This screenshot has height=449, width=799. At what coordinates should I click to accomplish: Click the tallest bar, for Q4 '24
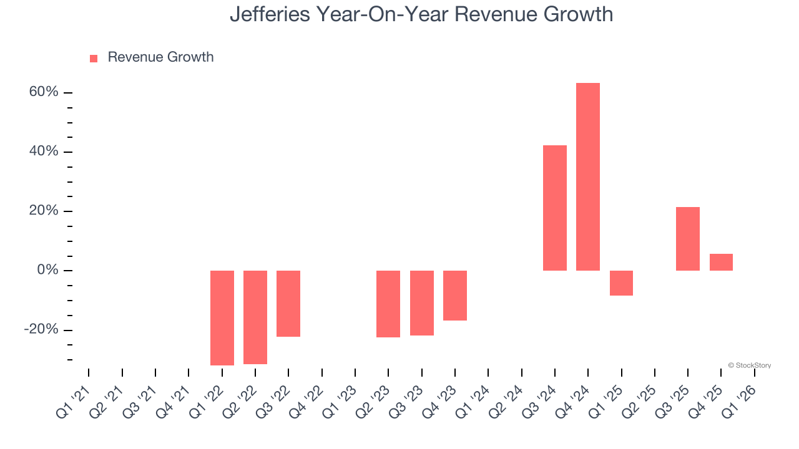click(x=587, y=176)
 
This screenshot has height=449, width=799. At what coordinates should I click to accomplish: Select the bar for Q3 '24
click(x=554, y=208)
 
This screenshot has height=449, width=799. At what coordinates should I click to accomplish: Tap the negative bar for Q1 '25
click(x=621, y=283)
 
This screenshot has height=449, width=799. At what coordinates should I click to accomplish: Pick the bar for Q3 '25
click(x=687, y=239)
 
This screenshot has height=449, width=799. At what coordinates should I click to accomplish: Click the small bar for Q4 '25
click(x=721, y=263)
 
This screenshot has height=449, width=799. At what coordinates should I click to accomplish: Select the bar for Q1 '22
click(x=222, y=317)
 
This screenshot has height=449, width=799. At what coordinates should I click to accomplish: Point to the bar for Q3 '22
click(x=288, y=304)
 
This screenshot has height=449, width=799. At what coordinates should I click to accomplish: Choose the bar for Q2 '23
click(x=388, y=304)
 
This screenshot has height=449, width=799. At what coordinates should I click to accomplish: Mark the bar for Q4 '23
click(x=454, y=296)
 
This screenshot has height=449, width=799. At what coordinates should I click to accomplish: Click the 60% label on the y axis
click(x=44, y=92)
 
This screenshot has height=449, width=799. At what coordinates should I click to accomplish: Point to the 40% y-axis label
click(x=44, y=152)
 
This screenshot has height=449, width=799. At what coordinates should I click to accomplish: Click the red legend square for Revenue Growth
click(x=94, y=59)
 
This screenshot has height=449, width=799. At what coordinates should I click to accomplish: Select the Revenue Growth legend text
click(x=160, y=57)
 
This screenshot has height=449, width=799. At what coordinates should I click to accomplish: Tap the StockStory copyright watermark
click(x=749, y=365)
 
